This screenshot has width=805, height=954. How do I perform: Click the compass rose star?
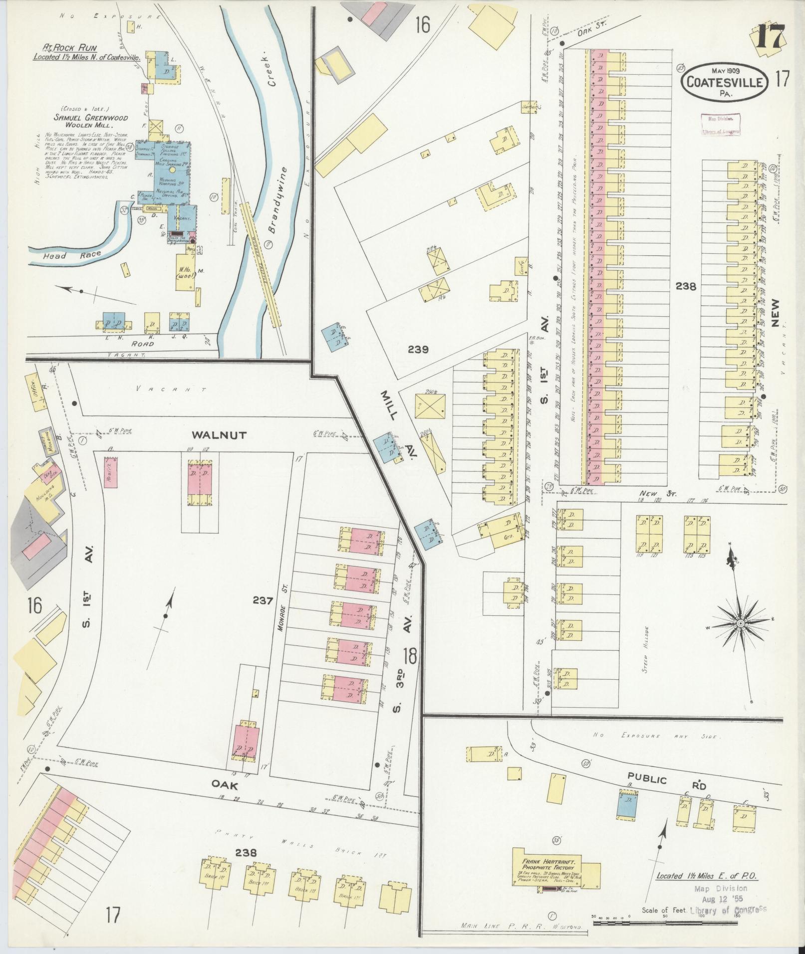(740, 624)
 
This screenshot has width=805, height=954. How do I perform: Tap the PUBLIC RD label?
(665, 781)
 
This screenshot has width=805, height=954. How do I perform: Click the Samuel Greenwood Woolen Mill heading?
(91, 121)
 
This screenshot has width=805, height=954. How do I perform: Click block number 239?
(418, 350)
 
